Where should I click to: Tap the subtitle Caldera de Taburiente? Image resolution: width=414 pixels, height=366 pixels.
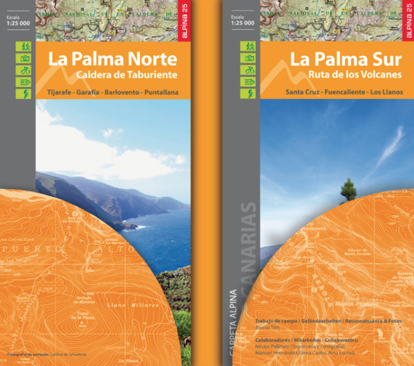(126, 76)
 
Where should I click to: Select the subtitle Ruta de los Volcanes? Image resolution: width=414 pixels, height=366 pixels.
(347, 76)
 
